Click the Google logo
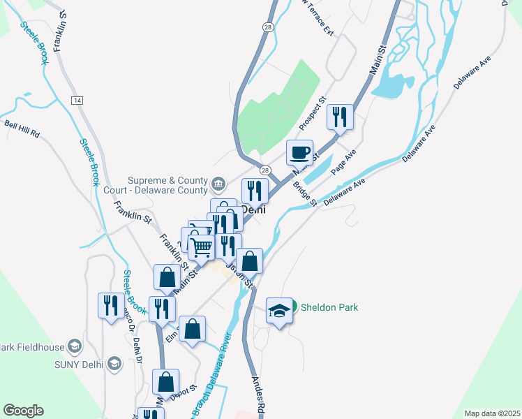23,411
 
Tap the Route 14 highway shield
77,101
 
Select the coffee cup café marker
300,152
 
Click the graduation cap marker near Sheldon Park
279,311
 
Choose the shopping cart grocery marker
202,246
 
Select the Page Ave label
343,162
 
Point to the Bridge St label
305,194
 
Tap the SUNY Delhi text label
80,365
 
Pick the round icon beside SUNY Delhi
115,364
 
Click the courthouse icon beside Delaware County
218,184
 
